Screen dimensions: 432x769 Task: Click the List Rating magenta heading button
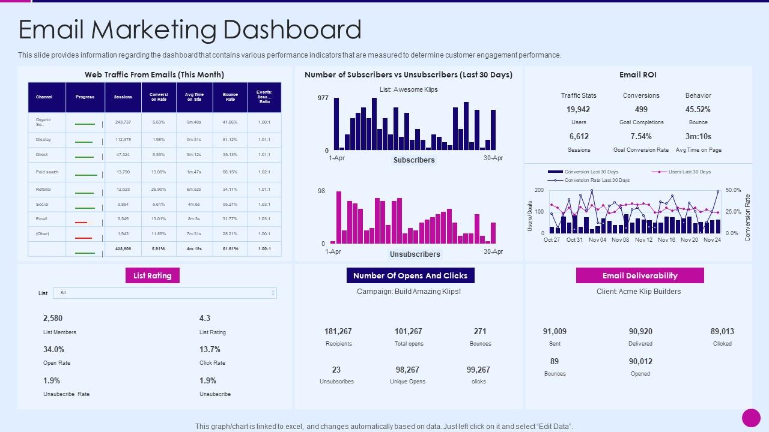pyautogui.click(x=152, y=275)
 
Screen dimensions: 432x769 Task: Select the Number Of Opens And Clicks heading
pyautogui.click(x=410, y=275)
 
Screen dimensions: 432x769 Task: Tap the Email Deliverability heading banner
pyautogui.click(x=639, y=275)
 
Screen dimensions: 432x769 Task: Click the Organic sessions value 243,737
pyautogui.click(x=123, y=122)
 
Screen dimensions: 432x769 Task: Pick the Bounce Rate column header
pyautogui.click(x=230, y=97)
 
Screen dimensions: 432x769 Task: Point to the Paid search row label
pyautogui.click(x=47, y=172)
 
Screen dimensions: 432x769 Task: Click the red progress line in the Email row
pyautogui.click(x=81, y=223)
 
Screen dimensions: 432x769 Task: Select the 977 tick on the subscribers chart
pyautogui.click(x=323, y=98)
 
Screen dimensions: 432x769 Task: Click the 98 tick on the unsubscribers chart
pyautogui.click(x=321, y=191)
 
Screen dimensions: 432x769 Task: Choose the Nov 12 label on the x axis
pyautogui.click(x=643, y=240)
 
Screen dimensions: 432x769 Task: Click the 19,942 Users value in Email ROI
pyautogui.click(x=578, y=109)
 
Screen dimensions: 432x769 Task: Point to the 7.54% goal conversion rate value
pyautogui.click(x=641, y=136)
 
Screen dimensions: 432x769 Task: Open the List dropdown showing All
pyautogui.click(x=165, y=293)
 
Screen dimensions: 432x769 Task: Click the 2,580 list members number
pyautogui.click(x=53, y=318)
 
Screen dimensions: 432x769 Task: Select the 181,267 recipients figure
pyautogui.click(x=338, y=331)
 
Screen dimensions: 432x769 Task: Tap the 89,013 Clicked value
pyautogui.click(x=722, y=331)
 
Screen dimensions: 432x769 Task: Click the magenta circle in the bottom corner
pyautogui.click(x=751, y=418)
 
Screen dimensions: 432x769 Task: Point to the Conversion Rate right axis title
pyautogui.click(x=748, y=217)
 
